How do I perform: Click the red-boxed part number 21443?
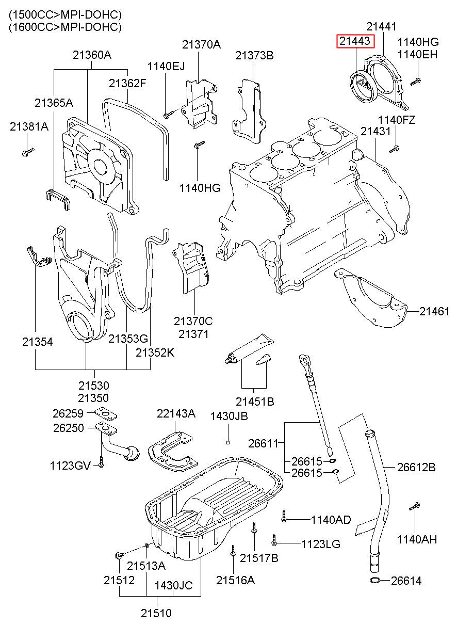[355, 41]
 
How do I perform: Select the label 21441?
[382, 26]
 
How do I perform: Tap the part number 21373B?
[254, 55]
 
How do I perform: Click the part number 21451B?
[255, 401]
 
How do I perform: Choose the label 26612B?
[416, 468]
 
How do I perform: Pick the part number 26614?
[406, 581]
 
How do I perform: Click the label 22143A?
[176, 413]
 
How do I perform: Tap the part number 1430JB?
[229, 416]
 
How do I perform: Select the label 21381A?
[29, 126]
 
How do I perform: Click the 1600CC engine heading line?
[65, 27]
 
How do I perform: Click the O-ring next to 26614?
[377, 582]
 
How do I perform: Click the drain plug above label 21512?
[119, 555]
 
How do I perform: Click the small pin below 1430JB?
[227, 442]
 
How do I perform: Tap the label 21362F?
[127, 83]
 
